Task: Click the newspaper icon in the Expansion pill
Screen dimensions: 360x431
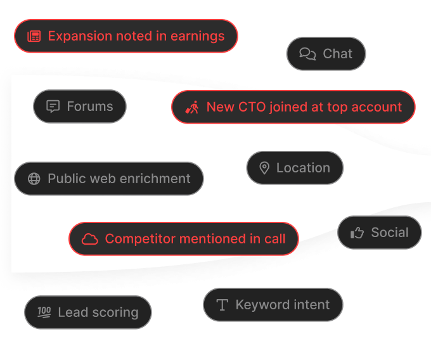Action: pyautogui.click(x=34, y=36)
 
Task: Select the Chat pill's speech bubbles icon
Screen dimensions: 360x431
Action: pyautogui.click(x=307, y=54)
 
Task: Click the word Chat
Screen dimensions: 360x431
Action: pyautogui.click(x=337, y=54)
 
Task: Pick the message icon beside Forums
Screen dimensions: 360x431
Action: pyautogui.click(x=53, y=106)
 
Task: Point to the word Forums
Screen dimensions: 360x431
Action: pyautogui.click(x=90, y=106)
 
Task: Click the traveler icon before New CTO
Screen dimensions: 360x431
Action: pyautogui.click(x=192, y=107)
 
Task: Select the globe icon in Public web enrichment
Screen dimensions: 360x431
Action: pyautogui.click(x=34, y=179)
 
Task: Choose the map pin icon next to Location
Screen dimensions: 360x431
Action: pyautogui.click(x=264, y=168)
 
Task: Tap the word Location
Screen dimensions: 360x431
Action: pyautogui.click(x=303, y=168)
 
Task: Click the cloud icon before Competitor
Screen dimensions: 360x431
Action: pyautogui.click(x=90, y=239)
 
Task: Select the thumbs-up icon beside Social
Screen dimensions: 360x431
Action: pyautogui.click(x=357, y=233)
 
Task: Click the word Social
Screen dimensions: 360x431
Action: pyautogui.click(x=390, y=233)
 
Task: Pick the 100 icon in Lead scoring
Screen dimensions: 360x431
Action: pyautogui.click(x=44, y=312)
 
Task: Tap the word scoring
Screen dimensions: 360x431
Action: pyautogui.click(x=115, y=312)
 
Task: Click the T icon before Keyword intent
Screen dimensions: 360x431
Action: pyautogui.click(x=222, y=305)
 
